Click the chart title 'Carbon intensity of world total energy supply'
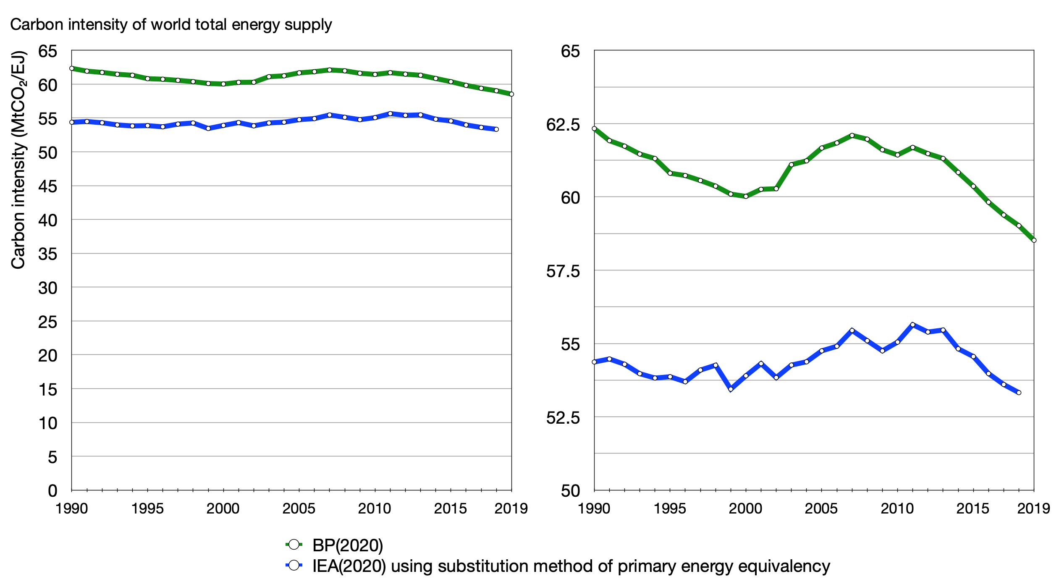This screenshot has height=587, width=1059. point(171,25)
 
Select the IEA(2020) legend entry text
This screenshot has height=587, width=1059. point(571,566)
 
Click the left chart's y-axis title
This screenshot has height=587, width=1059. point(19,160)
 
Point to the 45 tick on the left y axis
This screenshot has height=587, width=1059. point(48,186)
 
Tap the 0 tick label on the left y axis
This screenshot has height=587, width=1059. point(52,491)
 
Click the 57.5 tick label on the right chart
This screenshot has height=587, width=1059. point(563,271)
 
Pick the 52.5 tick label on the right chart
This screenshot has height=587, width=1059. point(563,418)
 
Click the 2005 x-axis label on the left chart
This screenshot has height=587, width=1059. point(299,508)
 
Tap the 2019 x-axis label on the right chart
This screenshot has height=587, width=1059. point(1033,508)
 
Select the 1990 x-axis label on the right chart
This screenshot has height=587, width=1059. point(594,508)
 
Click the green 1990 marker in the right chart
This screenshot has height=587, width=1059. point(594,128)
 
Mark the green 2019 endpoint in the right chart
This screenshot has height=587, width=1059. point(1034,241)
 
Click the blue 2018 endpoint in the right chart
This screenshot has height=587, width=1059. point(1019,393)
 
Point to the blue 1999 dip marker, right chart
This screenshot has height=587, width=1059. point(731,389)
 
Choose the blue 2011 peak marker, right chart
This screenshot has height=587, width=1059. point(912,325)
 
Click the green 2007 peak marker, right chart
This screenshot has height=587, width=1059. point(852,135)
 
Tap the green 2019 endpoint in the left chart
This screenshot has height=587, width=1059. point(511,94)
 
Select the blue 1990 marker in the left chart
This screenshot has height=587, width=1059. point(72,122)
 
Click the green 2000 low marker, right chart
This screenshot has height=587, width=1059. point(746,196)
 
